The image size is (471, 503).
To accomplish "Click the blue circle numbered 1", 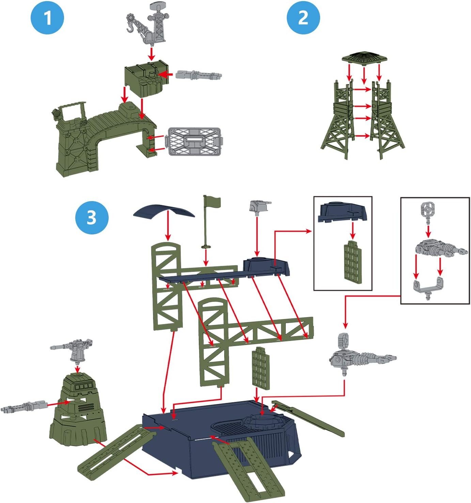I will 47,17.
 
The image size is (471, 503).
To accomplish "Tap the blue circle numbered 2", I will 303,17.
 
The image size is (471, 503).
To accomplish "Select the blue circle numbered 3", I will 92,217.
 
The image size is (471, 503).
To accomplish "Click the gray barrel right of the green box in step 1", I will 199,75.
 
